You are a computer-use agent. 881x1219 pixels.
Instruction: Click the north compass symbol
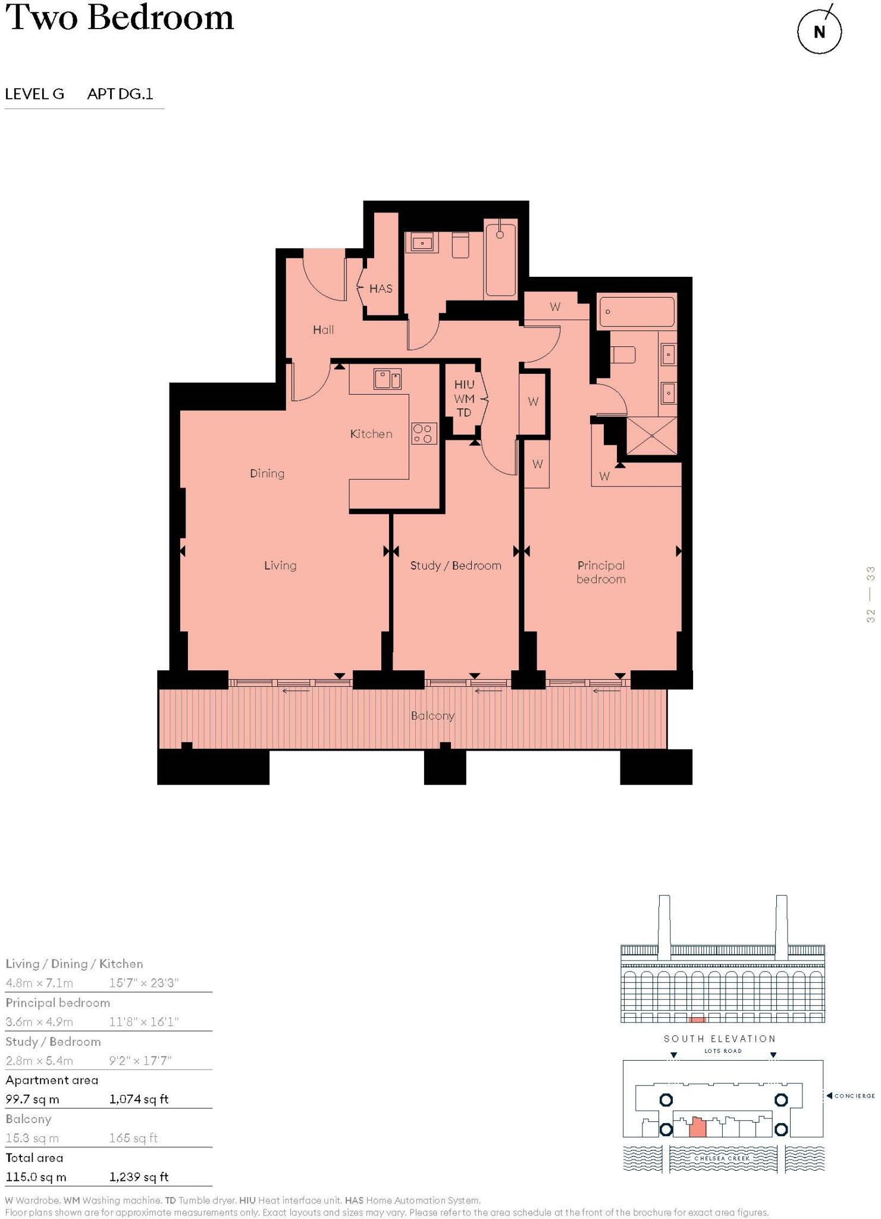pyautogui.click(x=819, y=32)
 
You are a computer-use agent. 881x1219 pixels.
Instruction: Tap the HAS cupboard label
pyautogui.click(x=381, y=289)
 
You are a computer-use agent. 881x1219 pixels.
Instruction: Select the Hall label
pyautogui.click(x=323, y=330)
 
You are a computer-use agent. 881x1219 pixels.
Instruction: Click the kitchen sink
pyautogui.click(x=387, y=379)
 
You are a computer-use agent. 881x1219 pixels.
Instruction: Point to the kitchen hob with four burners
pyautogui.click(x=424, y=433)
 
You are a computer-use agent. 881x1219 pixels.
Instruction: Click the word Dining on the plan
pyautogui.click(x=267, y=474)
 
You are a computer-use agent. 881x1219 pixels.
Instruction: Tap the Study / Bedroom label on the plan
pyautogui.click(x=456, y=565)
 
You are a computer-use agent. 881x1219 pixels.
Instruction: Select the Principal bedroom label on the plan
pyautogui.click(x=601, y=572)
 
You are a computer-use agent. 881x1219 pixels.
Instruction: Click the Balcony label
pyautogui.click(x=432, y=715)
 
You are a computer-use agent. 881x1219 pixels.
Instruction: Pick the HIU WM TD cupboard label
pyautogui.click(x=464, y=398)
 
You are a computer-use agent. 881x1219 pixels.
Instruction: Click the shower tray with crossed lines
pyautogui.click(x=652, y=436)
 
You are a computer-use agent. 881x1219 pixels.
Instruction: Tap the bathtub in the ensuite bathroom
pyautogui.click(x=637, y=312)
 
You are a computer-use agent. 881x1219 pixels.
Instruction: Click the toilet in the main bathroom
pyautogui.click(x=460, y=245)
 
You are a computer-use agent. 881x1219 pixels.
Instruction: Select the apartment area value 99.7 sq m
pyautogui.click(x=33, y=1099)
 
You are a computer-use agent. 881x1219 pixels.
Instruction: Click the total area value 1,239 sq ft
pyautogui.click(x=139, y=1177)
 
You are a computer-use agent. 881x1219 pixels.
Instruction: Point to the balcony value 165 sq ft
pyautogui.click(x=133, y=1138)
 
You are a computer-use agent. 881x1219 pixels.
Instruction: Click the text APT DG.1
pyautogui.click(x=120, y=94)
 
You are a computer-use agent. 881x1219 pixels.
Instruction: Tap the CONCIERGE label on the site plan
pyautogui.click(x=854, y=1096)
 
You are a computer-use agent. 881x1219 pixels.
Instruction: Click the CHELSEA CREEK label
pyautogui.click(x=722, y=1158)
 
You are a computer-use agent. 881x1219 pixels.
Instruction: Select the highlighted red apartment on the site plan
pyautogui.click(x=697, y=1127)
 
